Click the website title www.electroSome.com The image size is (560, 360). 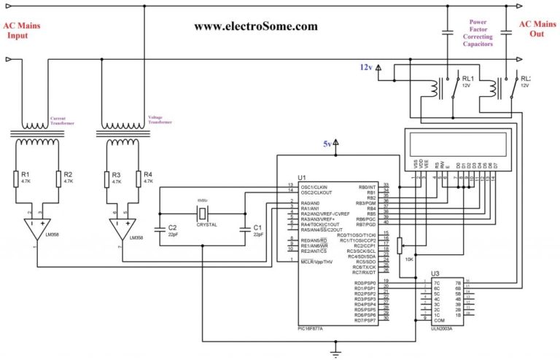(255, 26)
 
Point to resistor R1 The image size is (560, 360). (16, 179)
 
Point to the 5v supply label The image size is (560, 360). (328, 144)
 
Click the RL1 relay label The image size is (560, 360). (467, 79)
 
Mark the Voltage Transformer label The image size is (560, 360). (160, 120)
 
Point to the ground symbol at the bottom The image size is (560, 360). (335, 352)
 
